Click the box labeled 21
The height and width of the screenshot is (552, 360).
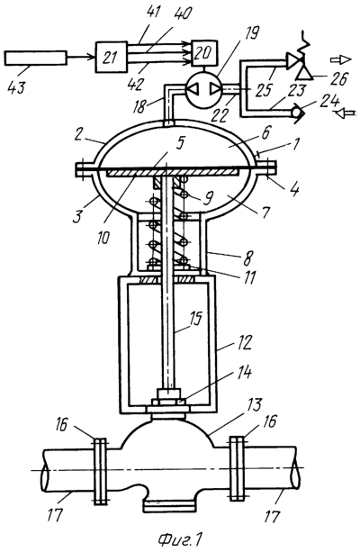(x=112, y=57)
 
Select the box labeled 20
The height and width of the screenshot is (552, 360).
(x=204, y=53)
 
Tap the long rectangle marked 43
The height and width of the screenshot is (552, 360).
(x=35, y=59)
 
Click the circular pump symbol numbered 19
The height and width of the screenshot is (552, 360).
(x=202, y=91)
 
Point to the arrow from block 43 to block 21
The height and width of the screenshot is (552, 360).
(x=81, y=57)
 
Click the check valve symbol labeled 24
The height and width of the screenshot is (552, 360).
(x=296, y=113)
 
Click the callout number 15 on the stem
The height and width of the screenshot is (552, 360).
(x=195, y=320)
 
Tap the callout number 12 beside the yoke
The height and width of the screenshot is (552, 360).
(x=245, y=342)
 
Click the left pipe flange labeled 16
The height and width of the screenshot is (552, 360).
(x=100, y=471)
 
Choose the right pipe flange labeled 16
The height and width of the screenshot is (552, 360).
(x=237, y=468)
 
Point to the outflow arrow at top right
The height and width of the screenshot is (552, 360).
(x=340, y=59)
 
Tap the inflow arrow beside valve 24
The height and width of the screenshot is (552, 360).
(x=346, y=113)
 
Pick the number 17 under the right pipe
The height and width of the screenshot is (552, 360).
(x=271, y=517)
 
